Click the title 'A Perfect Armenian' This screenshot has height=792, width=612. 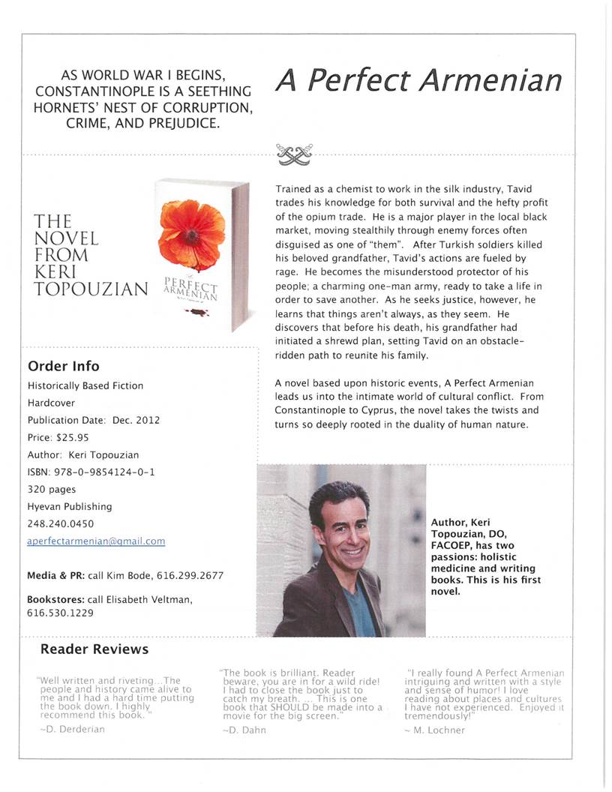coord(418,80)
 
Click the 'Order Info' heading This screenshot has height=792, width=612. coord(63,366)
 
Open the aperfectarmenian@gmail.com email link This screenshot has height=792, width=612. coord(96,541)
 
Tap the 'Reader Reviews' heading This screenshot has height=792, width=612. coord(94,649)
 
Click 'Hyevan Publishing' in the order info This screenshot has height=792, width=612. coord(69,506)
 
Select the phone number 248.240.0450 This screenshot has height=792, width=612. coord(61,523)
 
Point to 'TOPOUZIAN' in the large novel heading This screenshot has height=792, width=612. coord(91,288)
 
